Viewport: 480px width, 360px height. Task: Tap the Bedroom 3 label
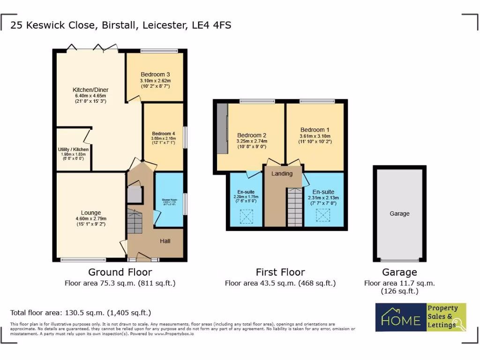(x=155, y=74)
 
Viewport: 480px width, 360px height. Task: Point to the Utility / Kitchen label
(x=73, y=149)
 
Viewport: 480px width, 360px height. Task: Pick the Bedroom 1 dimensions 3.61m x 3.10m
(x=315, y=136)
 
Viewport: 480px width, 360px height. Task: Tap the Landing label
(x=282, y=173)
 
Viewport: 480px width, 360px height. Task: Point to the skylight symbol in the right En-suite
(x=322, y=215)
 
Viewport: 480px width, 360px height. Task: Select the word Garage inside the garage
(x=399, y=213)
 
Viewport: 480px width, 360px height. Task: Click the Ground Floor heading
(x=120, y=272)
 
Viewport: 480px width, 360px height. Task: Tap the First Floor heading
(x=280, y=272)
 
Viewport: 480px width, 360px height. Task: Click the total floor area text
(x=81, y=313)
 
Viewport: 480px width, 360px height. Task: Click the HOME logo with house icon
(x=400, y=317)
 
